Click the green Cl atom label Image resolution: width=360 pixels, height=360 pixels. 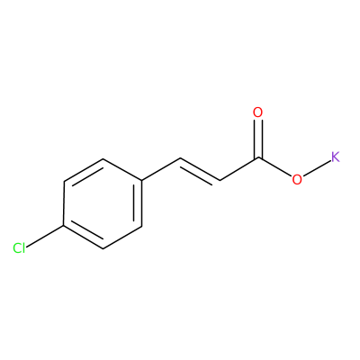tap(19, 248)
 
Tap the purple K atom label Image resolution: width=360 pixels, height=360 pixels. tap(336, 157)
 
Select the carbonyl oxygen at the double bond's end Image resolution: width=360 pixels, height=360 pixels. tap(257, 112)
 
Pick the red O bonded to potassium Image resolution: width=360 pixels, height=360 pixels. tap(297, 179)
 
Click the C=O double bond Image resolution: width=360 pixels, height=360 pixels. tap(258, 139)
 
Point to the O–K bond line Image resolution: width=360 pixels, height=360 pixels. tap(316, 168)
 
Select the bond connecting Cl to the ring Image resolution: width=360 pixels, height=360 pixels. tap(45, 237)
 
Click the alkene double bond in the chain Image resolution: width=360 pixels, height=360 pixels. tap(200, 170)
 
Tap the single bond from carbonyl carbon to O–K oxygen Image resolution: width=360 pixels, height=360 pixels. tap(274, 166)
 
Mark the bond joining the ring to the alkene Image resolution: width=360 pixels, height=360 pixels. tap(161, 169)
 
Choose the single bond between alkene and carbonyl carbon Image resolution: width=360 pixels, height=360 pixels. tap(239, 169)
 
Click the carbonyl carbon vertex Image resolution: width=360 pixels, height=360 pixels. tap(258, 157)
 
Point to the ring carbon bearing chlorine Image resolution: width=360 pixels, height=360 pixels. tap(64, 226)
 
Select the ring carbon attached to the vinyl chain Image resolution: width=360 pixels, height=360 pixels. tap(141, 181)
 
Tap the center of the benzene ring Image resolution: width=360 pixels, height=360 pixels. tap(103, 203)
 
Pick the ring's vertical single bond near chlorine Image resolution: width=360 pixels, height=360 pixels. tap(64, 203)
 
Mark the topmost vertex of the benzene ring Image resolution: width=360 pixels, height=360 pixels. tap(103, 158)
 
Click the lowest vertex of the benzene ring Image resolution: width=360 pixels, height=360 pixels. tap(103, 248)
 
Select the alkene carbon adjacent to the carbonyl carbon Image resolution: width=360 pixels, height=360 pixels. tap(220, 181)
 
